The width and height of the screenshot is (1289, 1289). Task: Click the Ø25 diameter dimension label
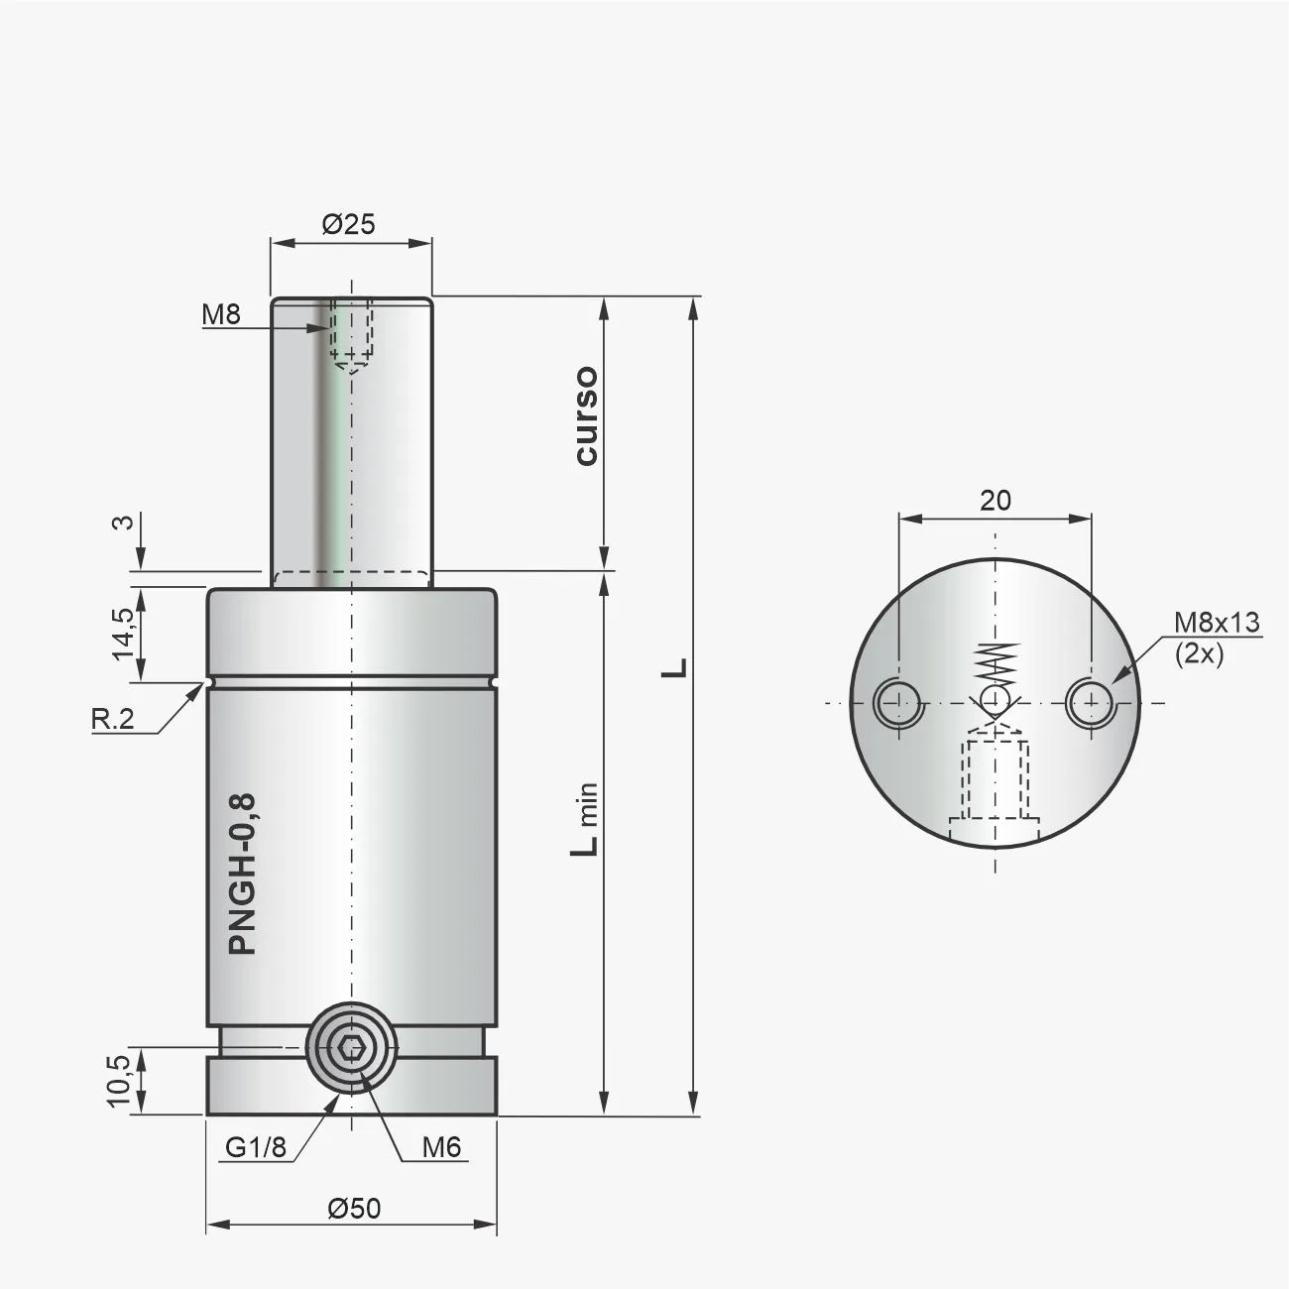(x=349, y=224)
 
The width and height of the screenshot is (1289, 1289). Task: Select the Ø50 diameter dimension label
(x=353, y=1208)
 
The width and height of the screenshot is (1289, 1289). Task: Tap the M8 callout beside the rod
(x=221, y=315)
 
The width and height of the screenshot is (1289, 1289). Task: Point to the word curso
(x=586, y=415)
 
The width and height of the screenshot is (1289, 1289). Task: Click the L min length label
(x=587, y=819)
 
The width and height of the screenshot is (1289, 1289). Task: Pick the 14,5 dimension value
(x=123, y=633)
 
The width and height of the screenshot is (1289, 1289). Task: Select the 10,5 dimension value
(x=118, y=1080)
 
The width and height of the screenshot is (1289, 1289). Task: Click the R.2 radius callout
(x=112, y=719)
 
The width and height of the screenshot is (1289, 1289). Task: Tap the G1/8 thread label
(x=255, y=1147)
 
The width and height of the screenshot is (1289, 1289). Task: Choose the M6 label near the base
(x=441, y=1147)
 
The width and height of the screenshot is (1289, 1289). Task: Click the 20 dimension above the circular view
(x=995, y=501)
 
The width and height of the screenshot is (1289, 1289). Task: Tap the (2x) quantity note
(x=1199, y=654)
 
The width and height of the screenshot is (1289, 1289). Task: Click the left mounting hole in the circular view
(x=898, y=704)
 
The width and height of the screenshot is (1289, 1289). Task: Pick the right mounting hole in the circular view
(x=1091, y=704)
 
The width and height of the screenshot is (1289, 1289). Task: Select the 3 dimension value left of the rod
(x=124, y=523)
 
